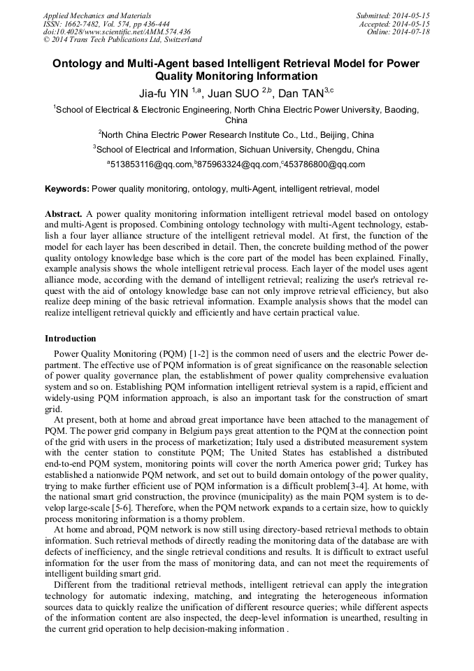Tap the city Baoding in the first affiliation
[401, 110]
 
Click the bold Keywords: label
[67, 189]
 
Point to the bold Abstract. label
[64, 213]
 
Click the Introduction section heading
[71, 339]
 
